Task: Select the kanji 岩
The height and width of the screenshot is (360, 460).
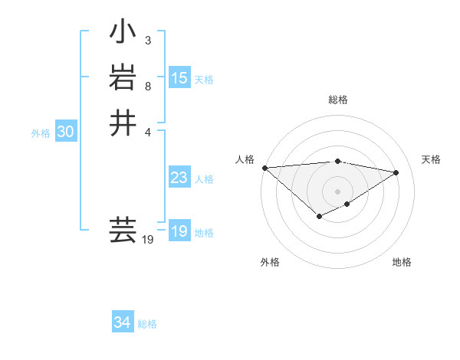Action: click(x=123, y=78)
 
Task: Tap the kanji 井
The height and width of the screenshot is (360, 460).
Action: click(x=123, y=123)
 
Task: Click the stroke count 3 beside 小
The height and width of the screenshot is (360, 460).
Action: click(x=147, y=40)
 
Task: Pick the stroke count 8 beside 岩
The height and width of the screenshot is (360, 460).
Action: click(x=147, y=86)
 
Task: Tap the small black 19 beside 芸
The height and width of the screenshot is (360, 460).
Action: click(x=149, y=240)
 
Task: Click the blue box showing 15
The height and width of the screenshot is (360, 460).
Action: click(x=179, y=77)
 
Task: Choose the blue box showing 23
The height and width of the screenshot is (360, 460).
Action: click(x=179, y=178)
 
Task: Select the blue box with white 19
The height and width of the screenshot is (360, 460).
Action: click(x=179, y=231)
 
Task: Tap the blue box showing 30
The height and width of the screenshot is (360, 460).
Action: click(x=66, y=132)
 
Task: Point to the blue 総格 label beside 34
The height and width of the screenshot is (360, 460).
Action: click(x=147, y=324)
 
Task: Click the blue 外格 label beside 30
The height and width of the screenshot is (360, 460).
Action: click(x=41, y=133)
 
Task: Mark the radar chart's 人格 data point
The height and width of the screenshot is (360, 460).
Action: click(x=264, y=167)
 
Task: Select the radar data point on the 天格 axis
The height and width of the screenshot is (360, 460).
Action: click(x=396, y=172)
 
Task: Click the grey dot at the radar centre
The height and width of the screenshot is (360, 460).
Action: click(x=337, y=191)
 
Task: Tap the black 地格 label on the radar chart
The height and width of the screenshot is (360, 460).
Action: click(x=402, y=262)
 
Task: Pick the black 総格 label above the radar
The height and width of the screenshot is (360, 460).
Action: click(x=337, y=100)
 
